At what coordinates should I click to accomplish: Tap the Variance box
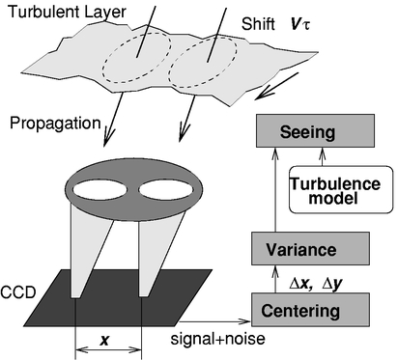pyautogui.click(x=311, y=250)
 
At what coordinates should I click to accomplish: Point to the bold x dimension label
pyautogui.click(x=107, y=341)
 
